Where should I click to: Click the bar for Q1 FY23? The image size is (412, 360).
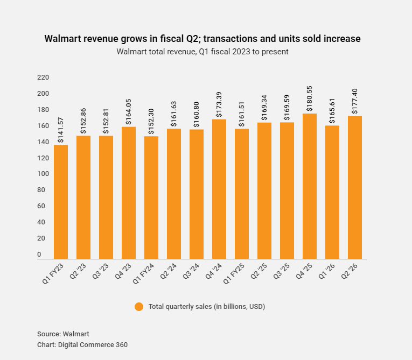tap(61, 202)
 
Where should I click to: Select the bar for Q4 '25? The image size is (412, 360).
tap(310, 186)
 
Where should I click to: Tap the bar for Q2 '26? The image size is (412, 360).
tap(355, 187)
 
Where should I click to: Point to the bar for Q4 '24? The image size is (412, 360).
tap(219, 189)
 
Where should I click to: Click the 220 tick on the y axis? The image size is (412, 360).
tap(43, 77)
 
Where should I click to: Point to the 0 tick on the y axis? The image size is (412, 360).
tap(39, 254)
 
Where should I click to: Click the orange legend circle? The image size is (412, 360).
tap(139, 307)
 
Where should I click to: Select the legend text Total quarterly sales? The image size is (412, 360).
tap(207, 307)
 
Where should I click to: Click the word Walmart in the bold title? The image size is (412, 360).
tap(64, 39)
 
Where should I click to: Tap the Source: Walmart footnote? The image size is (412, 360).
tap(63, 334)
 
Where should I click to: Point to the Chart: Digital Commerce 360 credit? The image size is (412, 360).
tap(82, 344)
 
